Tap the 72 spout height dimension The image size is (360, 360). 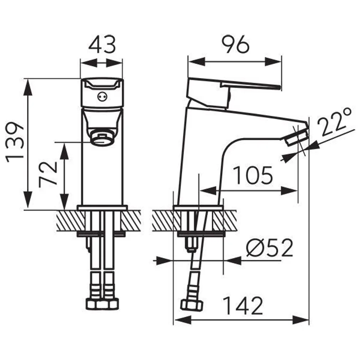48,173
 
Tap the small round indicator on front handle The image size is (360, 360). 102,96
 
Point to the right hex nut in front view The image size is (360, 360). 110,304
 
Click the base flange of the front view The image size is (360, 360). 102,207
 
